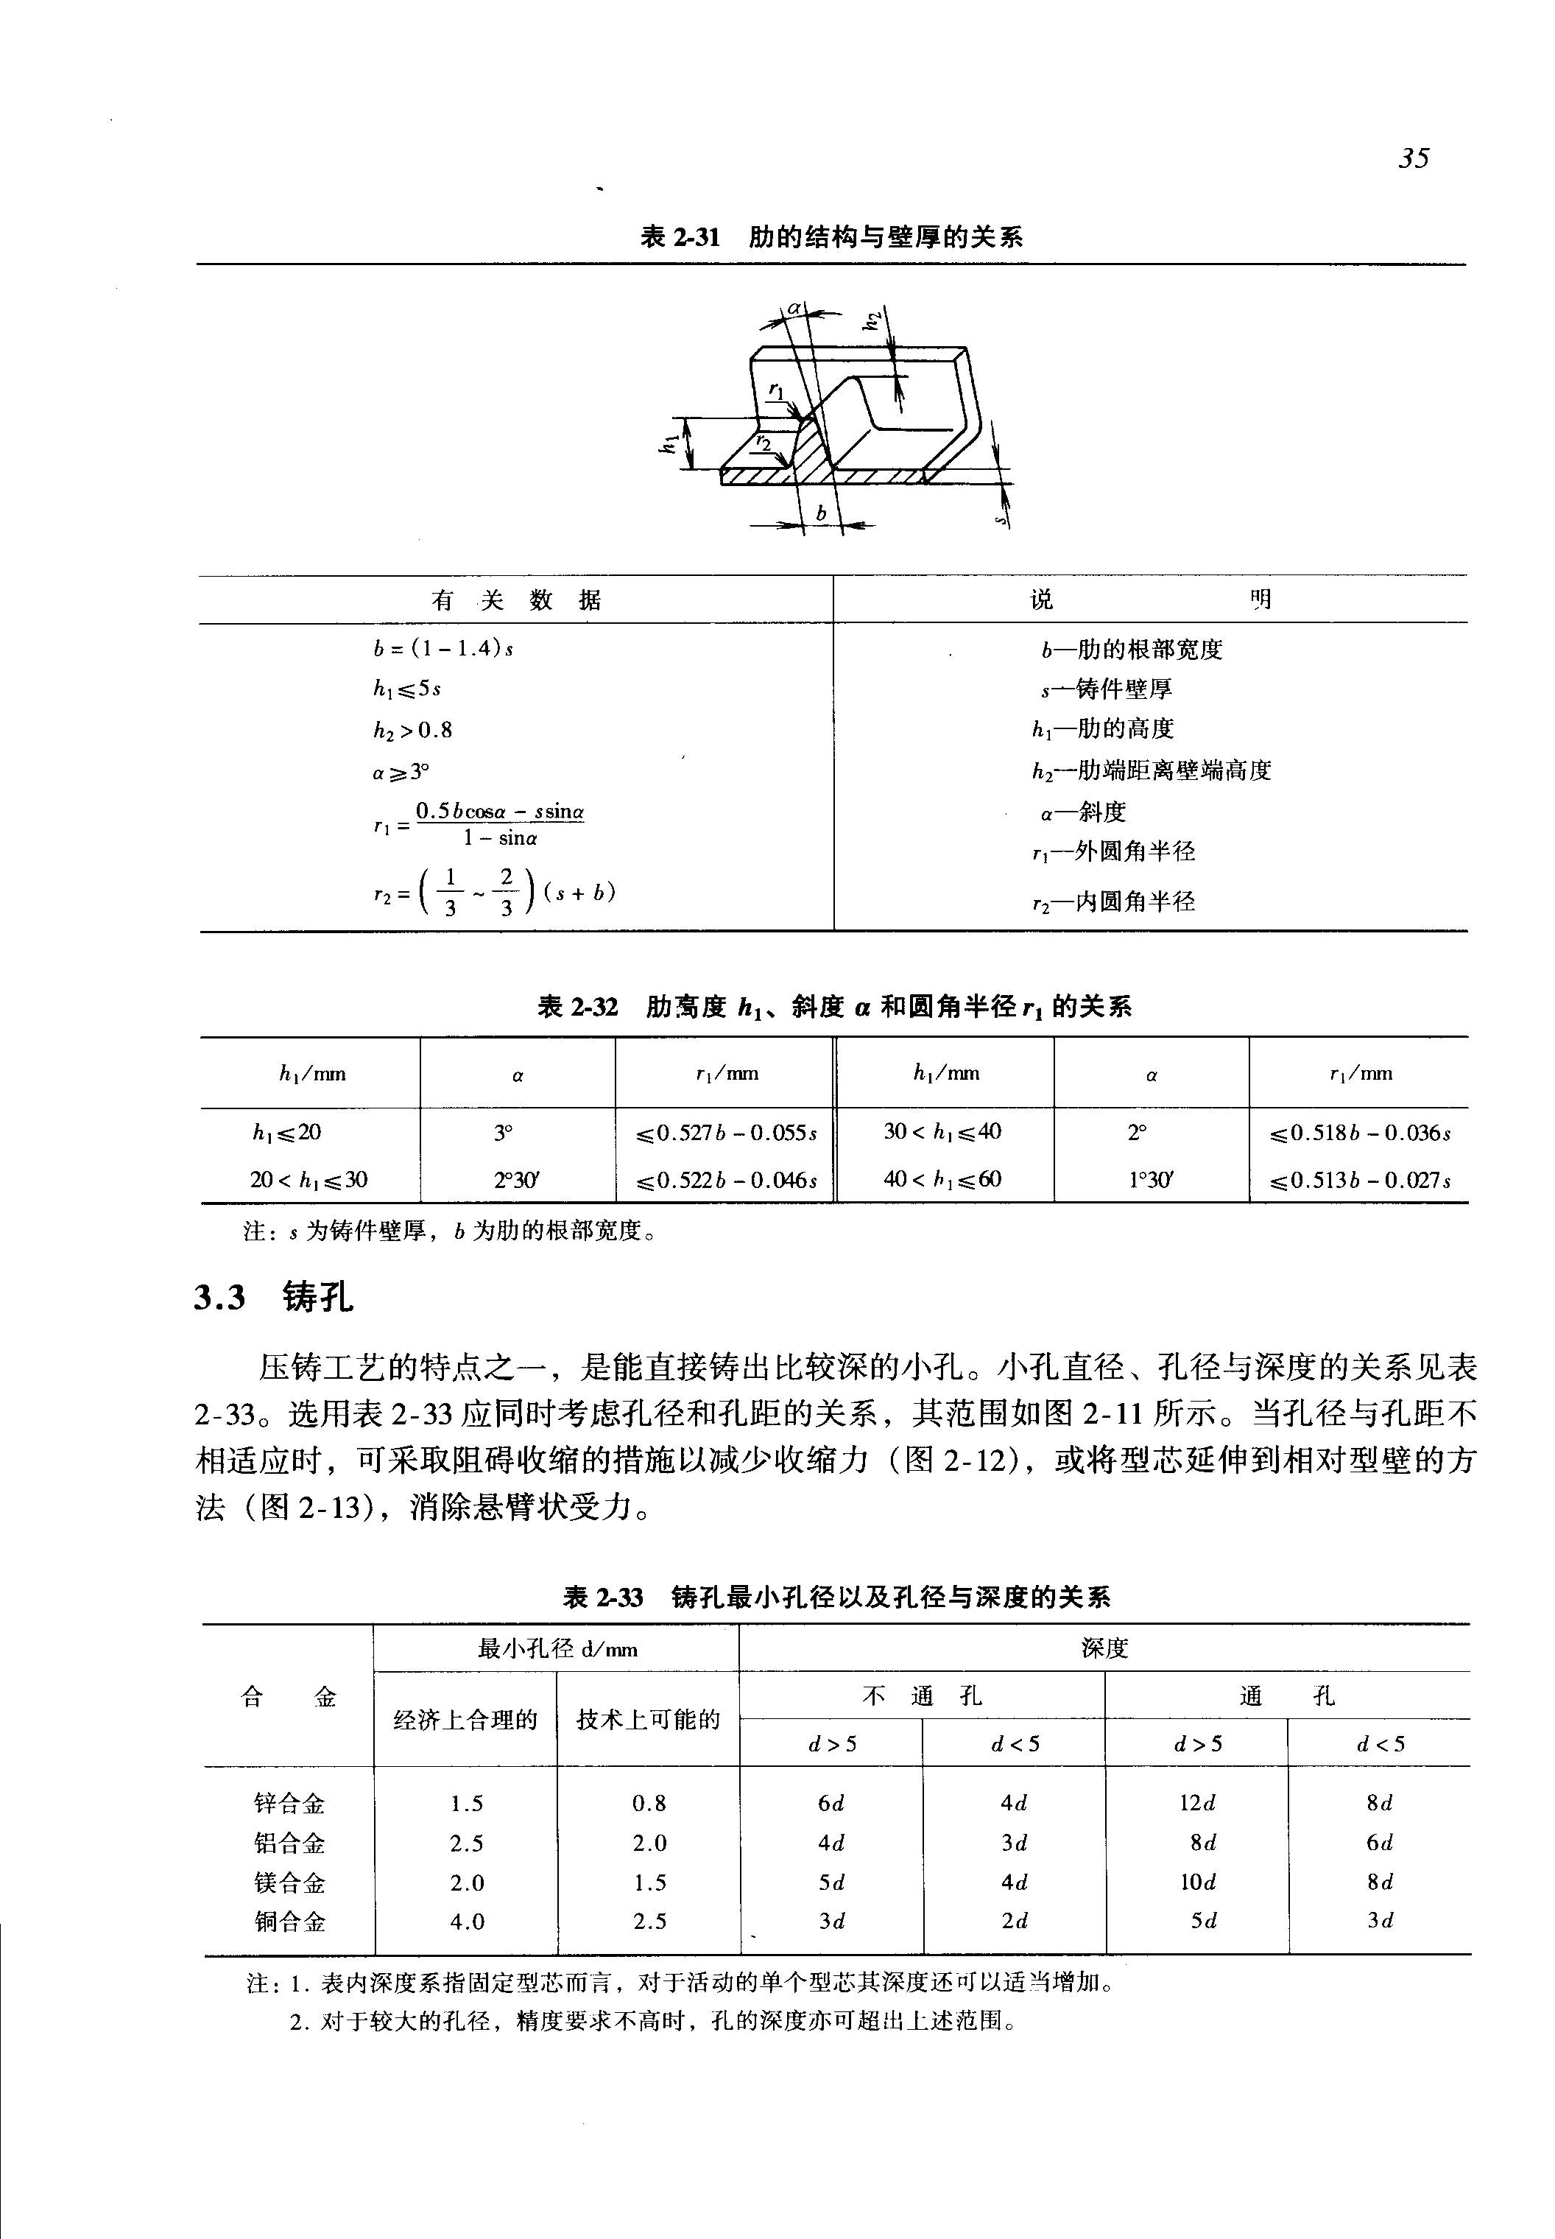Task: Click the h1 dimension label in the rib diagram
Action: click(x=669, y=443)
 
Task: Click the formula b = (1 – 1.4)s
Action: click(x=443, y=648)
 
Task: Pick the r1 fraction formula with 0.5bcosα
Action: click(x=479, y=823)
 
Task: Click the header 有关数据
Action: click(x=516, y=600)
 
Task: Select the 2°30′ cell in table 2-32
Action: click(x=516, y=1179)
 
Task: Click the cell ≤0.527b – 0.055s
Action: click(x=726, y=1133)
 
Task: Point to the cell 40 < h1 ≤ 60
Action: click(x=942, y=1179)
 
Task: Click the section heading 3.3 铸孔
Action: click(x=274, y=1298)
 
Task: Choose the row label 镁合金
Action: click(x=289, y=1883)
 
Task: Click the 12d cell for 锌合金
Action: click(x=1197, y=1803)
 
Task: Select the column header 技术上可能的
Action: click(x=648, y=1720)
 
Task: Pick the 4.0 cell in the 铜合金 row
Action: click(x=467, y=1922)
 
